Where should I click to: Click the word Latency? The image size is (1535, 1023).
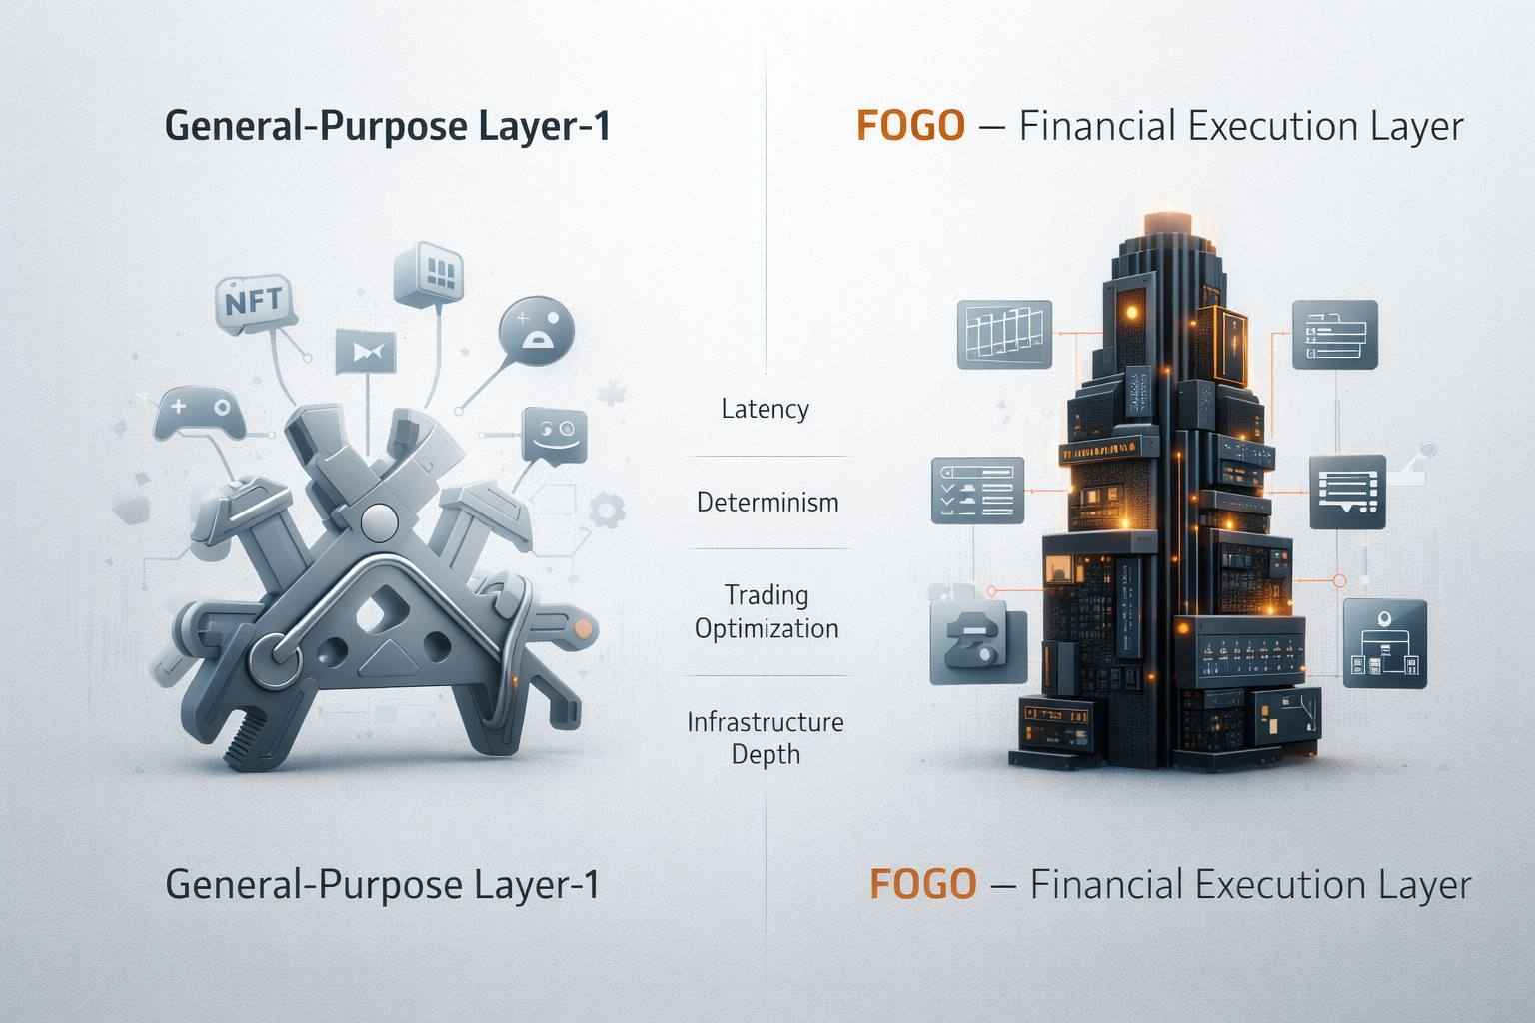tap(765, 409)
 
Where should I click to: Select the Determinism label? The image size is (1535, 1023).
tap(767, 502)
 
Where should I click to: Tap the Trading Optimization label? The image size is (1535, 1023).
tap(767, 611)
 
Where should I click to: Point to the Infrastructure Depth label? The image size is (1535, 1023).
tap(766, 738)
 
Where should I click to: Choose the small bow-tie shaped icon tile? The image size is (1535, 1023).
tap(367, 351)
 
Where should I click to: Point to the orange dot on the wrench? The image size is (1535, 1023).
tap(581, 629)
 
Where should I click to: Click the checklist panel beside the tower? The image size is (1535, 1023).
tap(977, 490)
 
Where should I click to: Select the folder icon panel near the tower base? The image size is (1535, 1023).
tap(976, 640)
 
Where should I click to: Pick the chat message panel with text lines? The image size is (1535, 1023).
tap(1347, 490)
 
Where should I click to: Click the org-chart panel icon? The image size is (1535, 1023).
tap(1384, 642)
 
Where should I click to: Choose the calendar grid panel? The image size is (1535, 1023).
tap(1004, 333)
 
